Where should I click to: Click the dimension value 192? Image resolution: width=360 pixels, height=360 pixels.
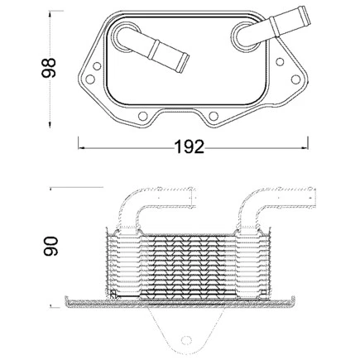[x=190, y=147]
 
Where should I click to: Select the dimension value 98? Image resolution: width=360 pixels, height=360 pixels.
[x=49, y=68]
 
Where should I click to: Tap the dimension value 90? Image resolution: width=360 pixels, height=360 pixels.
[x=50, y=246]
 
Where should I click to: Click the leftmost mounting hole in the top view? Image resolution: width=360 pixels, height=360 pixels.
[x=90, y=79]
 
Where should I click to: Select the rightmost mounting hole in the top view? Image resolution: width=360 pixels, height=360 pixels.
[x=295, y=79]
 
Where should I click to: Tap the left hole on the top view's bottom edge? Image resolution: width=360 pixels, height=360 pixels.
[x=143, y=116]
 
